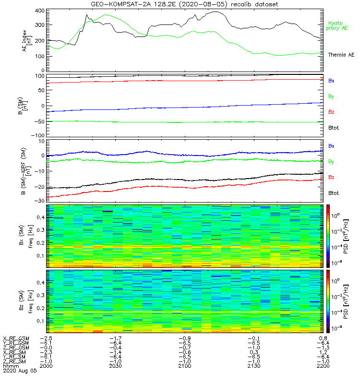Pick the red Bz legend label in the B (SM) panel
point(331,112)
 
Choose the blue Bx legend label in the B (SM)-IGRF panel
point(331,145)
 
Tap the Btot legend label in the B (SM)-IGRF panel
point(334,192)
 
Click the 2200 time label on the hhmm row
point(316,366)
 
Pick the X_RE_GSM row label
point(16,338)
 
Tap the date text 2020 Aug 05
point(19,371)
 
